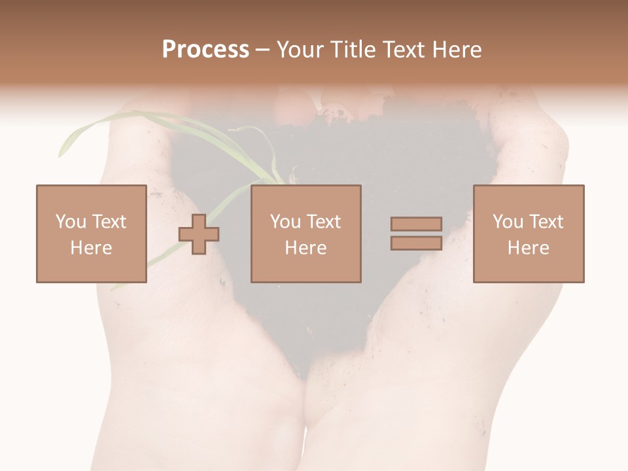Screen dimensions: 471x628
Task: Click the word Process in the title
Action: [x=205, y=49]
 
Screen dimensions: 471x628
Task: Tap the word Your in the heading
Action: [x=302, y=49]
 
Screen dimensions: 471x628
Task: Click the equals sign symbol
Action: [x=416, y=234]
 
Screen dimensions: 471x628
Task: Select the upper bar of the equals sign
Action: [x=416, y=224]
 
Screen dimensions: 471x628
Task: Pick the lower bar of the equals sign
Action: [x=416, y=243]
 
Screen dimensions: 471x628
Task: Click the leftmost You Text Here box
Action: [x=92, y=234]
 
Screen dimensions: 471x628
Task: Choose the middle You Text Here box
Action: [x=306, y=234]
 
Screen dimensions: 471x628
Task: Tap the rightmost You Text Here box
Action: [x=529, y=234]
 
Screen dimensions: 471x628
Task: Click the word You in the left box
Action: [x=71, y=222]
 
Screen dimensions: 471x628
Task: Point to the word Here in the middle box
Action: [x=306, y=248]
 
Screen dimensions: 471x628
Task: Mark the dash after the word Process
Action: [x=263, y=50]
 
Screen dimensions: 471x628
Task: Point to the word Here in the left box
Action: [x=92, y=248]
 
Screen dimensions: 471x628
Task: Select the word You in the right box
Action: [x=508, y=222]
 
